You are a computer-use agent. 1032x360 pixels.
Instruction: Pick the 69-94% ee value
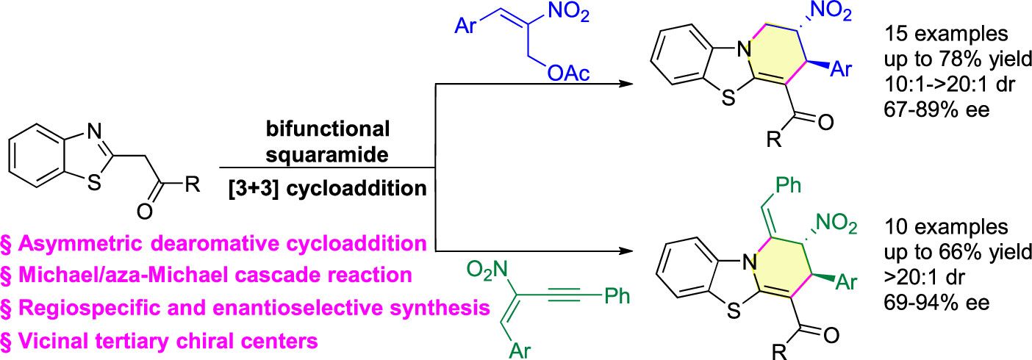929,302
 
